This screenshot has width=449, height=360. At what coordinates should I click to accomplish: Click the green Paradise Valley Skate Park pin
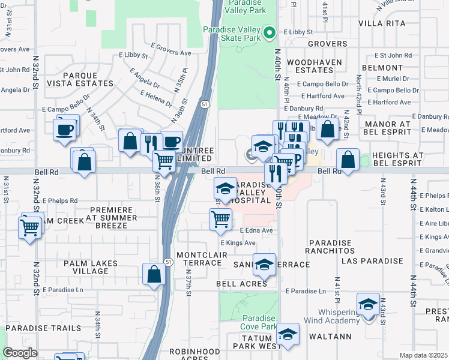269,32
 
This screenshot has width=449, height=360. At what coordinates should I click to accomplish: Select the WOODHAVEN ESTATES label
314,67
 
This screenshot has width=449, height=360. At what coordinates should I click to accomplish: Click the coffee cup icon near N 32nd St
65,129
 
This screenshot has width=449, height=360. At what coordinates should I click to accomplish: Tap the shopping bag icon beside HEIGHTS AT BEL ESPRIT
348,160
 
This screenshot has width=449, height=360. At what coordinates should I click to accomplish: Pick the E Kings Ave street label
238,243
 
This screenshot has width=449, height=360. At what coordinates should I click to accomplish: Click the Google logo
20,353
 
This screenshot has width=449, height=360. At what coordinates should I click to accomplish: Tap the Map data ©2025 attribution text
423,355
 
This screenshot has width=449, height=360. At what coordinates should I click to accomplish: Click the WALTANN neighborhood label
331,337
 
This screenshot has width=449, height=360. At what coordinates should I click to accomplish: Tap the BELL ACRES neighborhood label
246,283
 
